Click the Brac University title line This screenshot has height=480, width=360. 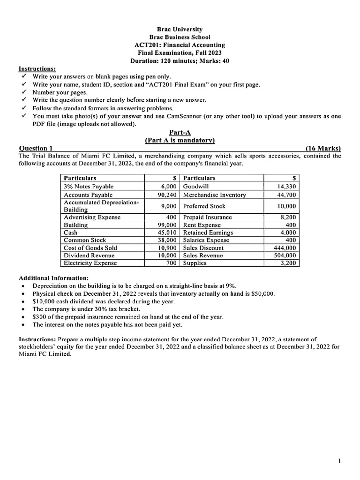click(x=180, y=29)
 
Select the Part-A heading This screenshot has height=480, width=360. click(x=180, y=133)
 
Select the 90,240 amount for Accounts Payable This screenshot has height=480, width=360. click(x=167, y=195)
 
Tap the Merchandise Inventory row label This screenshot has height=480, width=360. click(x=214, y=195)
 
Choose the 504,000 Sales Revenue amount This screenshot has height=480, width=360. click(x=285, y=255)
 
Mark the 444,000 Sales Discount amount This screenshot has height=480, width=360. click(x=285, y=248)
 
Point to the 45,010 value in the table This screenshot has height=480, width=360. click(x=167, y=232)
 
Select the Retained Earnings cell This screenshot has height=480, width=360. click(x=208, y=232)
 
